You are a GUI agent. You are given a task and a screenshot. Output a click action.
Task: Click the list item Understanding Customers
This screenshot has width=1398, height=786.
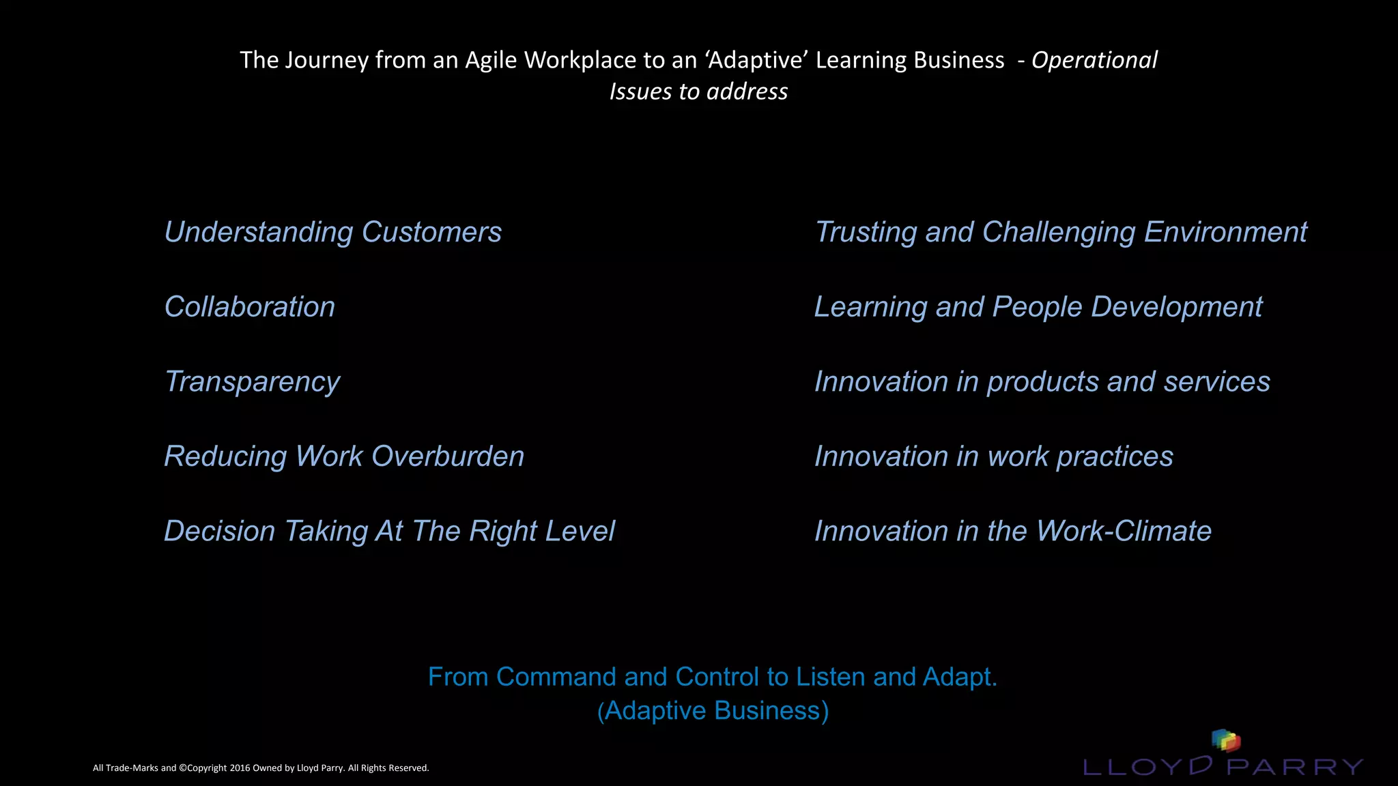pyautogui.click(x=333, y=233)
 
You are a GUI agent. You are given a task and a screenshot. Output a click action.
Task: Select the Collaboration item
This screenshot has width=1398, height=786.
pyautogui.click(x=250, y=307)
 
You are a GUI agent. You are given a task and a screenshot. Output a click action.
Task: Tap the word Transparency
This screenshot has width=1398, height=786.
pyautogui.click(x=253, y=382)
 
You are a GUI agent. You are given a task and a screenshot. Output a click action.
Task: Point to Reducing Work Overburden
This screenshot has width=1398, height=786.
pyautogui.click(x=344, y=456)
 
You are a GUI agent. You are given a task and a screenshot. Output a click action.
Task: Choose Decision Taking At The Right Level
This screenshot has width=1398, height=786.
pyautogui.click(x=389, y=532)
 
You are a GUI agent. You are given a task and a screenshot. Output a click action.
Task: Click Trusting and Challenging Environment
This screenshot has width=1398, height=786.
pyautogui.click(x=1061, y=233)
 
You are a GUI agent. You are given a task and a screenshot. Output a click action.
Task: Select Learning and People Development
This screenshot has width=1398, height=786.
pyautogui.click(x=1038, y=307)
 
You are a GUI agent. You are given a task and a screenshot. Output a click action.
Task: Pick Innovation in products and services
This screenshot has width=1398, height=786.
pyautogui.click(x=1042, y=382)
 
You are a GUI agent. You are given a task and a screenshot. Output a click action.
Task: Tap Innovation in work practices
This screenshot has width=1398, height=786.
pyautogui.click(x=993, y=456)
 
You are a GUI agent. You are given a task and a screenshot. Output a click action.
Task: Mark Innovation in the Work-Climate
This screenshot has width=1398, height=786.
pyautogui.click(x=1012, y=532)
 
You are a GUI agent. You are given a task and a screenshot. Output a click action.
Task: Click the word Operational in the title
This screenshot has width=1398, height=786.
pyautogui.click(x=1094, y=60)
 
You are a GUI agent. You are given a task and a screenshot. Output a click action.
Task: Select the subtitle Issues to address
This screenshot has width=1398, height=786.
pyautogui.click(x=698, y=91)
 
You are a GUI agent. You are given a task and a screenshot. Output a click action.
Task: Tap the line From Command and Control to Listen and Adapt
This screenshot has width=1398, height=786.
pyautogui.click(x=713, y=677)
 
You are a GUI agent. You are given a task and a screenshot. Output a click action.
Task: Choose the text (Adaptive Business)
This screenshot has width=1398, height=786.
pyautogui.click(x=713, y=711)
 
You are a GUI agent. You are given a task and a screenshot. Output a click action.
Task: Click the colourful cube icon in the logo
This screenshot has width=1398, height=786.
pyautogui.click(x=1225, y=740)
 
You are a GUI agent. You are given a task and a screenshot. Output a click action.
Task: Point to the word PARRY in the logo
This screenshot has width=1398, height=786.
pyautogui.click(x=1294, y=767)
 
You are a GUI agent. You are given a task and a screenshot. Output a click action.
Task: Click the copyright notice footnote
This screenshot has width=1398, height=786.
pyautogui.click(x=261, y=768)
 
